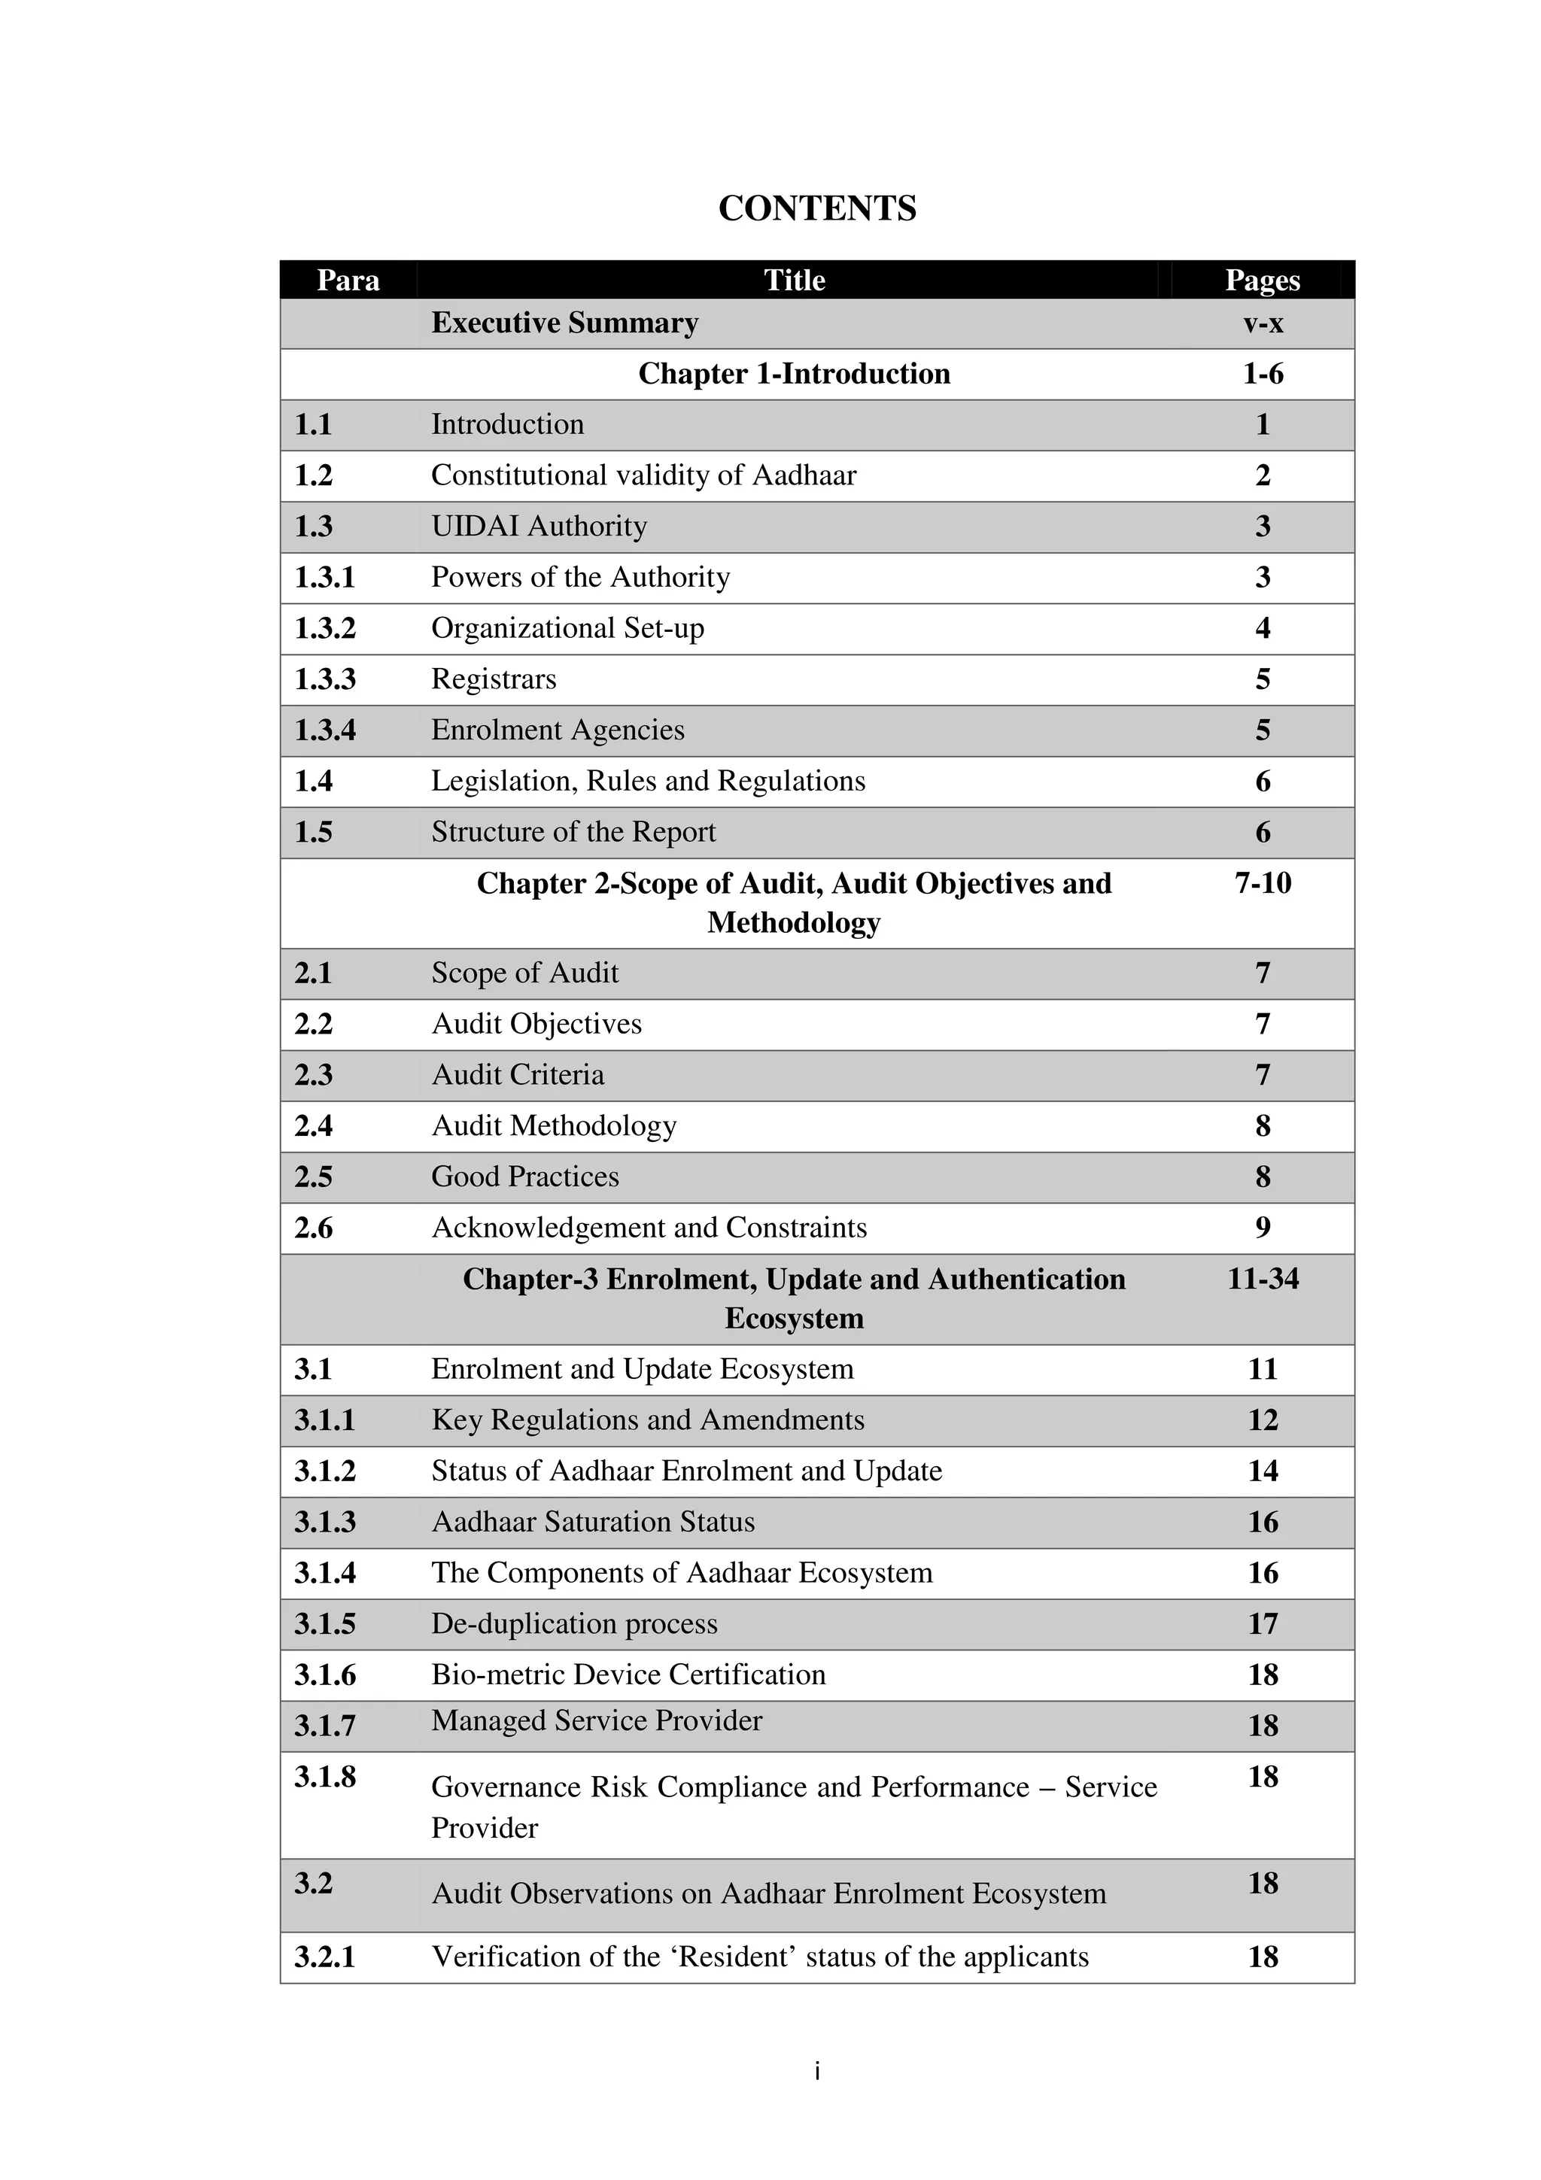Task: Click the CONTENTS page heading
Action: (816, 208)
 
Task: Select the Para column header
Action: (348, 280)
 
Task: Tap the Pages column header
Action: (1262, 280)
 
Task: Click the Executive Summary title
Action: (564, 323)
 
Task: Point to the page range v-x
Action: (1263, 323)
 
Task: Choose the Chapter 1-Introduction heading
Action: (794, 373)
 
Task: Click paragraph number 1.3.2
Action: (325, 627)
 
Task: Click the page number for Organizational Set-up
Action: (1262, 627)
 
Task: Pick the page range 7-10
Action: (1263, 883)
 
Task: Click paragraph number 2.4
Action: (313, 1125)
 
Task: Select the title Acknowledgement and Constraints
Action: (649, 1228)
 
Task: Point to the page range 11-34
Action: (1263, 1279)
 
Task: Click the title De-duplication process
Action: (573, 1623)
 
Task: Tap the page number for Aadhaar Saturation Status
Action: (1263, 1522)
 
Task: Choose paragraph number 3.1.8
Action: (325, 1777)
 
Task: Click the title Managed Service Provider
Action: (596, 1720)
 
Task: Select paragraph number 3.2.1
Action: (325, 1957)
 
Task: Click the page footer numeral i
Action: (816, 2072)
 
